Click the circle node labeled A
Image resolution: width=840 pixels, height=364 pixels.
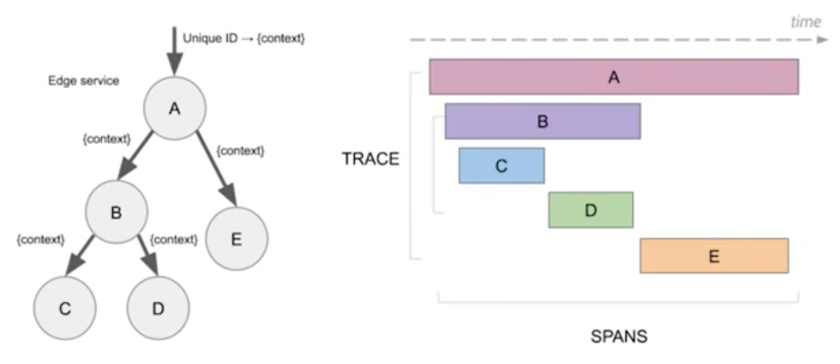coord(174,109)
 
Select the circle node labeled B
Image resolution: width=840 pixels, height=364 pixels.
coord(115,214)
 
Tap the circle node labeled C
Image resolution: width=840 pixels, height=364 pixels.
coord(65,308)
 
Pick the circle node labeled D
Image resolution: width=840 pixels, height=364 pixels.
coord(158,308)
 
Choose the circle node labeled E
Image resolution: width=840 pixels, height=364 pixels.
coord(236,240)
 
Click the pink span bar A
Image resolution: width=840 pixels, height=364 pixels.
coord(614,76)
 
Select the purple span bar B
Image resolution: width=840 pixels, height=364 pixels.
coord(543,121)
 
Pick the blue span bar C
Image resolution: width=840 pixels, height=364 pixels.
coord(502,165)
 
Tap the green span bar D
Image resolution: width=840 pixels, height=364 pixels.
coord(590,210)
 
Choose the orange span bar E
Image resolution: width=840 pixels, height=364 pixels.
coord(714,255)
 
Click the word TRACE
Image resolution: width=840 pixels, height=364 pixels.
coord(370,159)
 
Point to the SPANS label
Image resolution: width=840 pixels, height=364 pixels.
coord(618,338)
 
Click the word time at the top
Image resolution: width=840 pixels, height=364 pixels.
coord(805,23)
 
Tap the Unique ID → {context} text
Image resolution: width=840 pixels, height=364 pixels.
coord(243,37)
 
